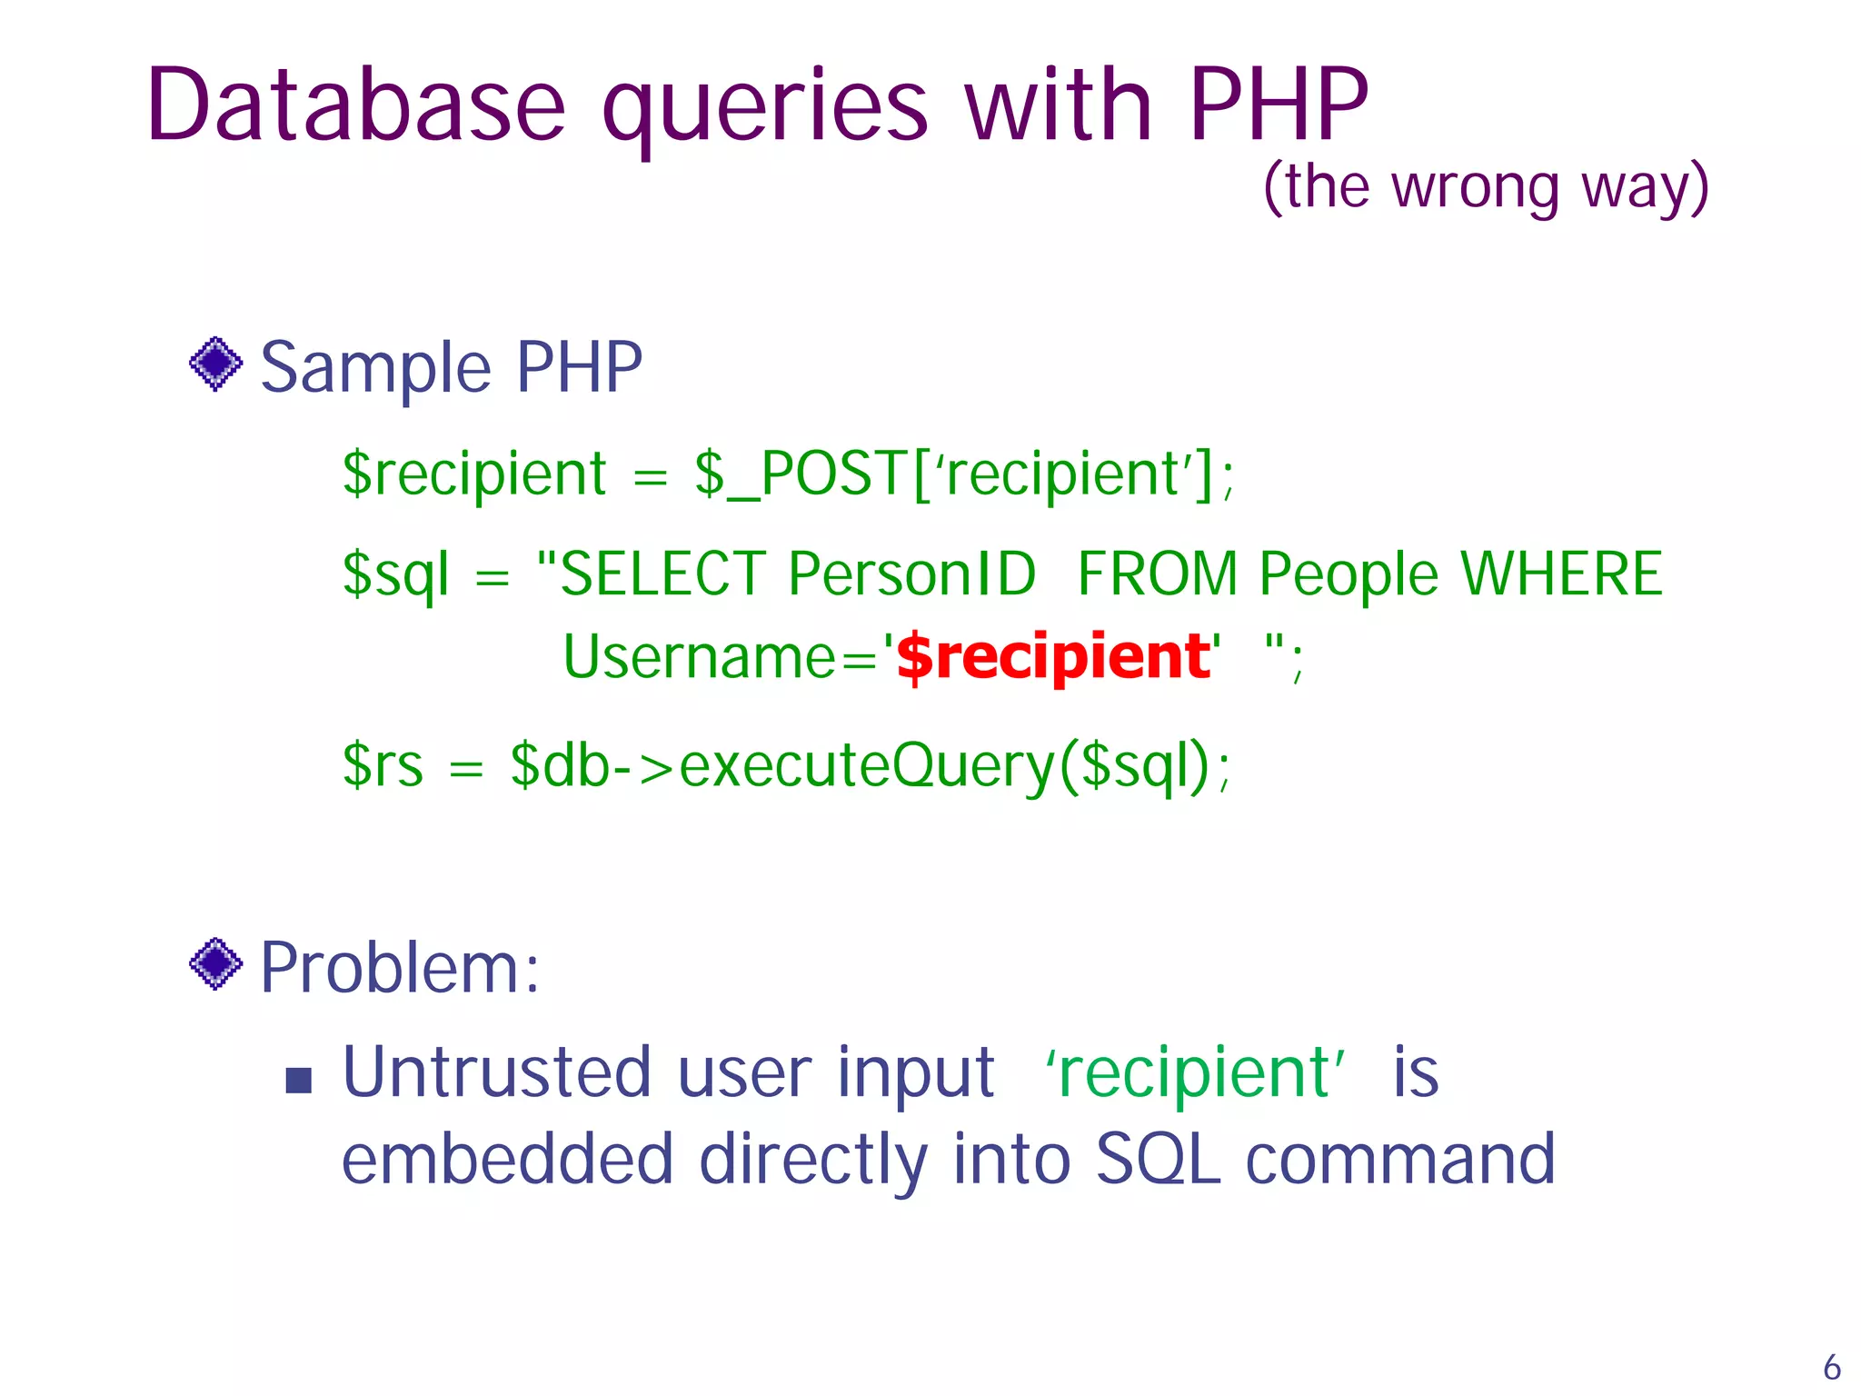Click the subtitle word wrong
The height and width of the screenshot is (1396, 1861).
1476,188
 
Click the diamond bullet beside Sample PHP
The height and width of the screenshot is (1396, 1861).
215,364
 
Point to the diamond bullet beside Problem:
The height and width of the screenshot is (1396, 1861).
215,963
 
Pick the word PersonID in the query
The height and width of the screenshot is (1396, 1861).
911,574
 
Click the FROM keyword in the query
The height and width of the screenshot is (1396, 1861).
1157,574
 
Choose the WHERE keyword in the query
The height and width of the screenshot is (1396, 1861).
1561,574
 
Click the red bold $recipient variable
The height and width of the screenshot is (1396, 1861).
1053,657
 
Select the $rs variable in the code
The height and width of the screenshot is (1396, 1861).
383,765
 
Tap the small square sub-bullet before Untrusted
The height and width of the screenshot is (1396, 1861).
298,1080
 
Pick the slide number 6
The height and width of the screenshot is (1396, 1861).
1832,1367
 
